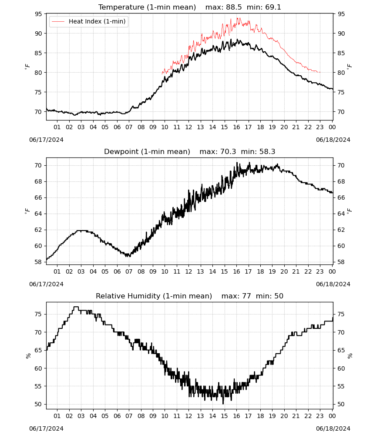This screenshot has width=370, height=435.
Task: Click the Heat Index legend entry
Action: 89,21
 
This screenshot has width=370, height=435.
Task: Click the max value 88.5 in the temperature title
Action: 234,7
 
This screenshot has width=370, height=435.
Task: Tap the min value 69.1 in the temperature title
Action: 273,7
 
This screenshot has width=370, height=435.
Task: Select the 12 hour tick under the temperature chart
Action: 188,127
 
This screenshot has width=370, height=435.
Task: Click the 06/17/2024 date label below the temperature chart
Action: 46,140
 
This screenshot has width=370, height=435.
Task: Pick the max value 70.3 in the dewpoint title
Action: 228,151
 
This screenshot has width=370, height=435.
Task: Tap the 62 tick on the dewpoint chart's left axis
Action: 38,230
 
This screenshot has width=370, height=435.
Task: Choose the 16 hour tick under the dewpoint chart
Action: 236,271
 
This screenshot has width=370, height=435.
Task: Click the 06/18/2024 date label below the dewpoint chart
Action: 333,284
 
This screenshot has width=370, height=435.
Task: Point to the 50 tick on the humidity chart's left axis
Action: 38,404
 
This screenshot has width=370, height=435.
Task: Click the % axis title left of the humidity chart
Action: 28,356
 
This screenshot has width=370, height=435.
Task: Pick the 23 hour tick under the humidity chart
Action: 320,416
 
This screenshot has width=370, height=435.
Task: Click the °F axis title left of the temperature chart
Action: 27,67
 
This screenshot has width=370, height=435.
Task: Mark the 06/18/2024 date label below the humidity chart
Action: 333,428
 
